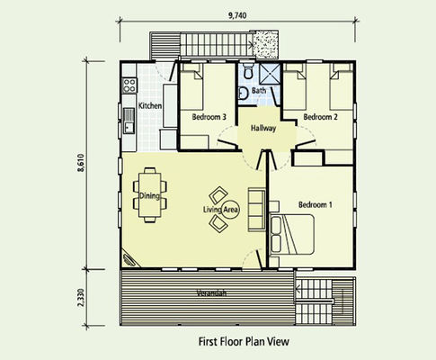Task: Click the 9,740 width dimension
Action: coord(237,15)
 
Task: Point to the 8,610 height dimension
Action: coord(81,163)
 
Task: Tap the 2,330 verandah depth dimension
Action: coord(81,298)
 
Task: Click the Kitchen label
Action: coord(150,105)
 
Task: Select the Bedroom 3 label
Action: coord(209,117)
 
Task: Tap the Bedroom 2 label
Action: coord(320,117)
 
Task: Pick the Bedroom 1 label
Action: coord(316,205)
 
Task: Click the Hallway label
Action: coord(263,129)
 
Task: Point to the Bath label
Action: coord(259,90)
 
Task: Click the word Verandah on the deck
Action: coord(211,292)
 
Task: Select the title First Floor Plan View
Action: coord(244,341)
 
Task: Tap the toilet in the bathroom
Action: coord(248,70)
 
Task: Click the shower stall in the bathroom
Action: coord(270,74)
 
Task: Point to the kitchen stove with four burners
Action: coord(129,85)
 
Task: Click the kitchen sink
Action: coord(129,121)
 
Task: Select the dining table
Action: coord(149,195)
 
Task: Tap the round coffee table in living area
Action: coord(231,209)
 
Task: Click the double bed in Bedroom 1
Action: coord(292,234)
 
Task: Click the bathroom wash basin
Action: coord(244,94)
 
